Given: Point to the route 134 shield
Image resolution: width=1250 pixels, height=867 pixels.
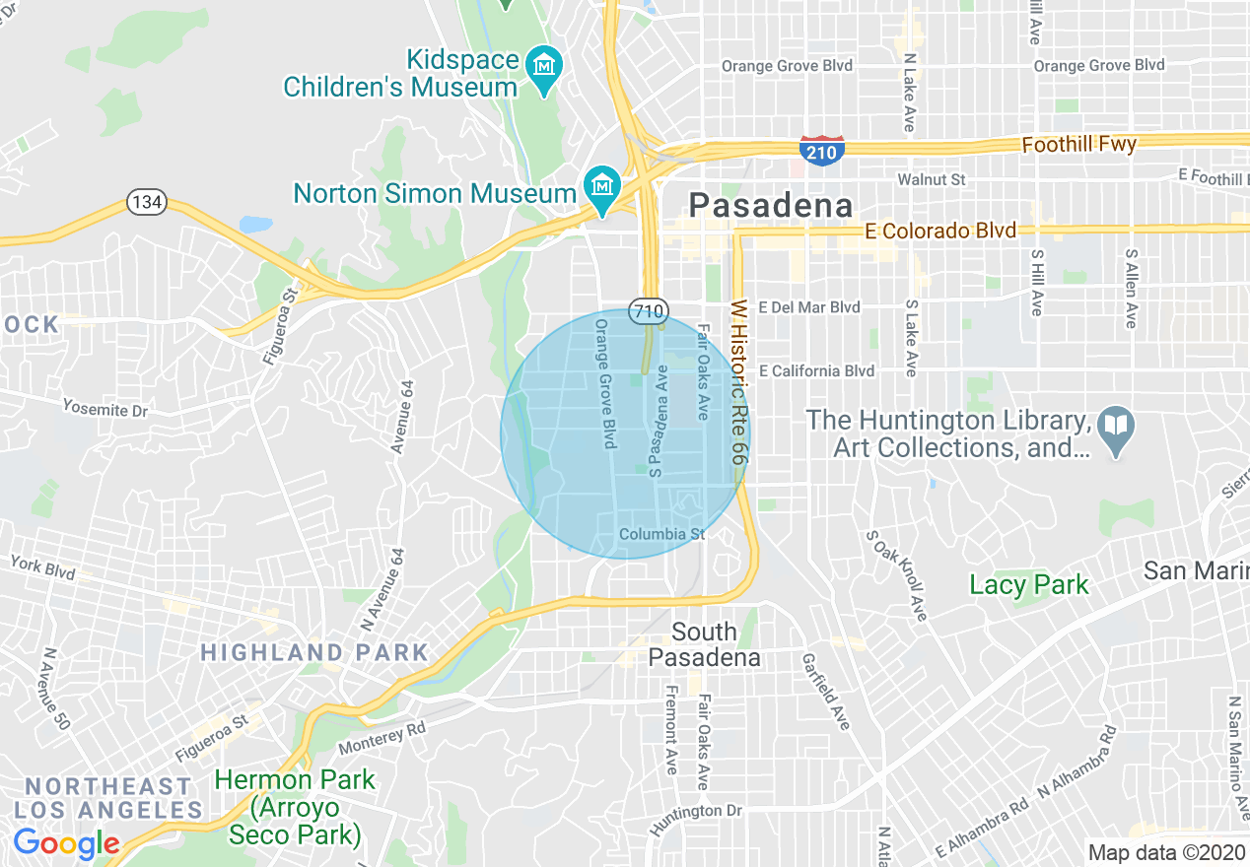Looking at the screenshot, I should [146, 203].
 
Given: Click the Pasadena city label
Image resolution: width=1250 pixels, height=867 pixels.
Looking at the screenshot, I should [770, 205].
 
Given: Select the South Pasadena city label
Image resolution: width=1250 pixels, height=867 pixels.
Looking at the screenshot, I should [704, 644].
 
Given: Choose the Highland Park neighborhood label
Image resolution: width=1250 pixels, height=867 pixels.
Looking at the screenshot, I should [314, 652].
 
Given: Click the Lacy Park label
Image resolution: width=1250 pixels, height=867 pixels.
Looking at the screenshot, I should [1029, 584].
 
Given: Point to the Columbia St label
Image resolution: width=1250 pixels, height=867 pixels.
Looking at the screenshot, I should [662, 534].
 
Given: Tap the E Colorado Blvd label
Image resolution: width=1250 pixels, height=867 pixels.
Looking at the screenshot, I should [940, 232].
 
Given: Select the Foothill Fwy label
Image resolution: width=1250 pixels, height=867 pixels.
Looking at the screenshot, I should [1078, 145].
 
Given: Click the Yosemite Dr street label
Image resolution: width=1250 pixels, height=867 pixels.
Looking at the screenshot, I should [104, 407].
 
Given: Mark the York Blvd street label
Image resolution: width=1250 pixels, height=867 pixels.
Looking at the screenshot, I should [42, 567].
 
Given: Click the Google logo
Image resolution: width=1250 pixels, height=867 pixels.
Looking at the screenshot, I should [66, 844].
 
